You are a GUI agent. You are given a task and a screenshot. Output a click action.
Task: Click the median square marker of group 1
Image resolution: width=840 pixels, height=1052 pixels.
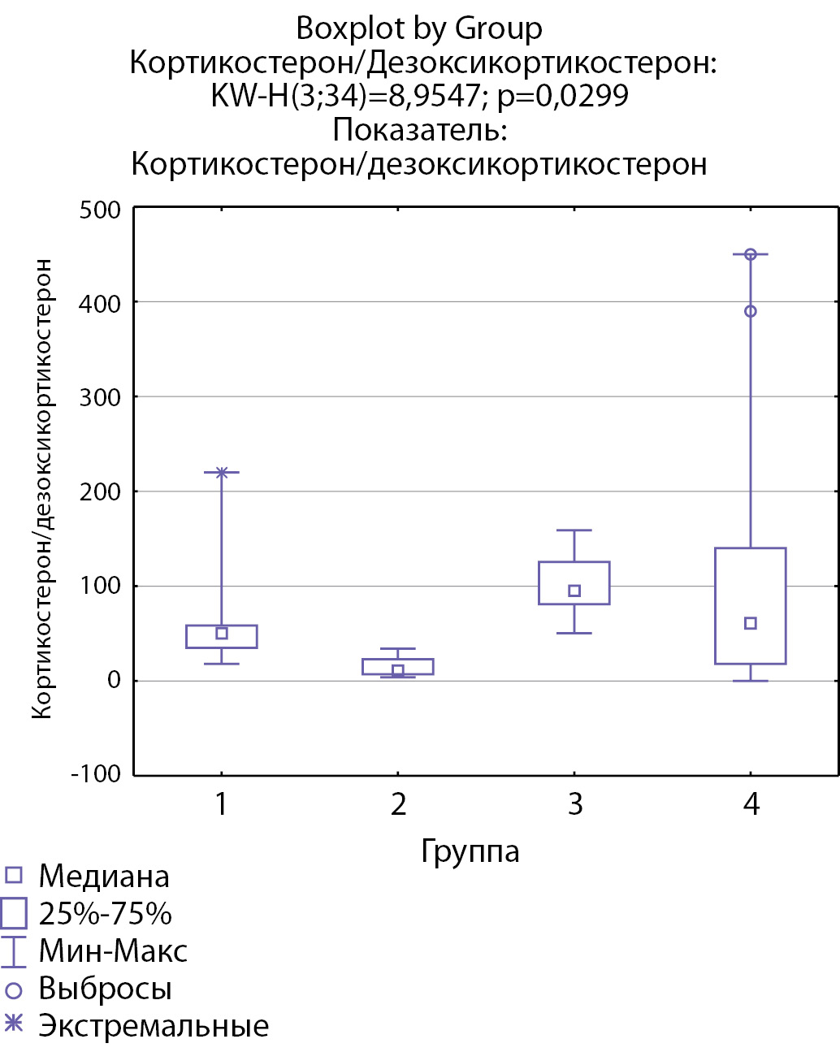click(x=222, y=633)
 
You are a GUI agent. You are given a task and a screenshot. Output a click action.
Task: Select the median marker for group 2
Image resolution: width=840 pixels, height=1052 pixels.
click(x=398, y=670)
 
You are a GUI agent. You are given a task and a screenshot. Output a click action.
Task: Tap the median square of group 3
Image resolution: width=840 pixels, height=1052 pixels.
click(x=574, y=591)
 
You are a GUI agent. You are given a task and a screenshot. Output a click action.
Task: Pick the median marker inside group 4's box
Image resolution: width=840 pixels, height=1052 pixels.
click(x=751, y=623)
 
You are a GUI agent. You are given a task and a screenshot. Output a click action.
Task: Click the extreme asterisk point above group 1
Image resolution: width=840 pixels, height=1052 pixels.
click(x=222, y=472)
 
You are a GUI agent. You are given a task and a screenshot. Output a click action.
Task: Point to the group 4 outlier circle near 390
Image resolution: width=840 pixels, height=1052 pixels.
click(x=751, y=311)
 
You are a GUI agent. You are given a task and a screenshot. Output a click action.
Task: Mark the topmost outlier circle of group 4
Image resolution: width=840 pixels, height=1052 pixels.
click(x=751, y=254)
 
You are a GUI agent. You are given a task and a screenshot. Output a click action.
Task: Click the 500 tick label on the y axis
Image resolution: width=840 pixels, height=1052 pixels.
click(x=100, y=210)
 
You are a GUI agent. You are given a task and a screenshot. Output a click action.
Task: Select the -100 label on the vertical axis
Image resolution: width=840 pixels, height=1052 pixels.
click(x=96, y=773)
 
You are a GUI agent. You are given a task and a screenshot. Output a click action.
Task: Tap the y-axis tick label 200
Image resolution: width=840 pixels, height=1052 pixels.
click(x=100, y=491)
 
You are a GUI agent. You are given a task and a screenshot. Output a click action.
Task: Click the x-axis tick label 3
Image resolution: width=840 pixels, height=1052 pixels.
click(x=575, y=804)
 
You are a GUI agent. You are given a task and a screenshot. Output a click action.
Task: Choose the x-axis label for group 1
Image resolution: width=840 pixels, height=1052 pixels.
click(x=222, y=804)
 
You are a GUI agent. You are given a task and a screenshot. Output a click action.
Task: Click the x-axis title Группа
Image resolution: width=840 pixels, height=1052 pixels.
click(x=470, y=851)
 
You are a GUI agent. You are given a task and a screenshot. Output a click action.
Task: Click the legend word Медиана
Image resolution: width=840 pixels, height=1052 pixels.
click(x=104, y=877)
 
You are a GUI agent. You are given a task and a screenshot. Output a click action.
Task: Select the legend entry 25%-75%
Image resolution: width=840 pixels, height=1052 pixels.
click(x=105, y=914)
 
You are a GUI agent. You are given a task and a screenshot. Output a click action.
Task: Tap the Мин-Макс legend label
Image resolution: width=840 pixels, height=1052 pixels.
click(x=113, y=951)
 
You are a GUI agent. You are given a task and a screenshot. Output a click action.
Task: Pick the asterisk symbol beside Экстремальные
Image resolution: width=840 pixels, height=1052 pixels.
click(x=13, y=1024)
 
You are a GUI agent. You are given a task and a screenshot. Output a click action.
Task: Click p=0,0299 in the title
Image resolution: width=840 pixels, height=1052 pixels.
click(x=562, y=96)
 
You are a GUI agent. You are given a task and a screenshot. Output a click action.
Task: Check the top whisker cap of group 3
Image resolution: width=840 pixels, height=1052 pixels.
click(x=574, y=530)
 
